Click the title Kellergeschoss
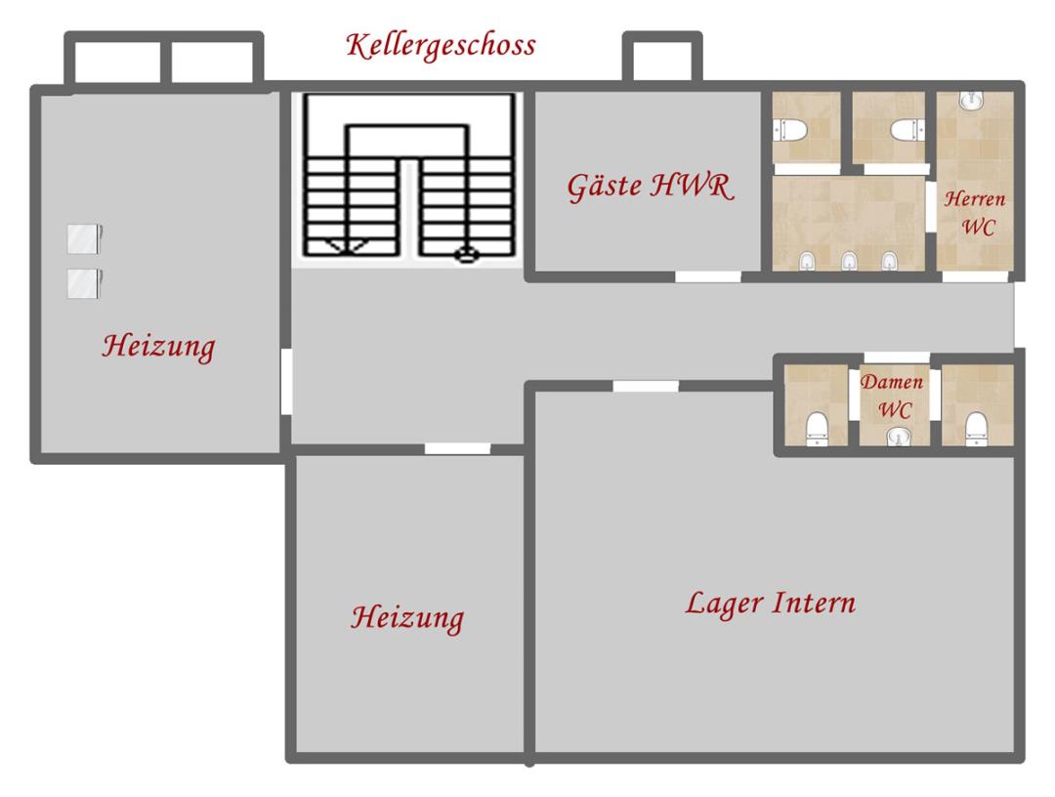point(441,46)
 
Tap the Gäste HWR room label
point(650,187)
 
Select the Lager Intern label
point(771,603)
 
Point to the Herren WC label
point(975,213)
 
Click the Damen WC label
point(892,397)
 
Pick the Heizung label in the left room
point(159,347)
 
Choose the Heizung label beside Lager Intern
point(407,618)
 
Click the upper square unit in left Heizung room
point(84,238)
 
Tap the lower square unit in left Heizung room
point(84,283)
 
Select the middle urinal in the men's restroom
point(849,261)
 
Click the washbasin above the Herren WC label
point(970,100)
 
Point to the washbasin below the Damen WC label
point(898,438)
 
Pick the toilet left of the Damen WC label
point(817,429)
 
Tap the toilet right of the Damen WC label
point(976,429)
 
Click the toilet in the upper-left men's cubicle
point(790,130)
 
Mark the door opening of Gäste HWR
point(708,276)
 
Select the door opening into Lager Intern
point(646,386)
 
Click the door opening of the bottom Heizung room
point(457,448)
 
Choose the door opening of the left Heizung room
point(286,381)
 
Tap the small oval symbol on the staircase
point(466,255)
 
